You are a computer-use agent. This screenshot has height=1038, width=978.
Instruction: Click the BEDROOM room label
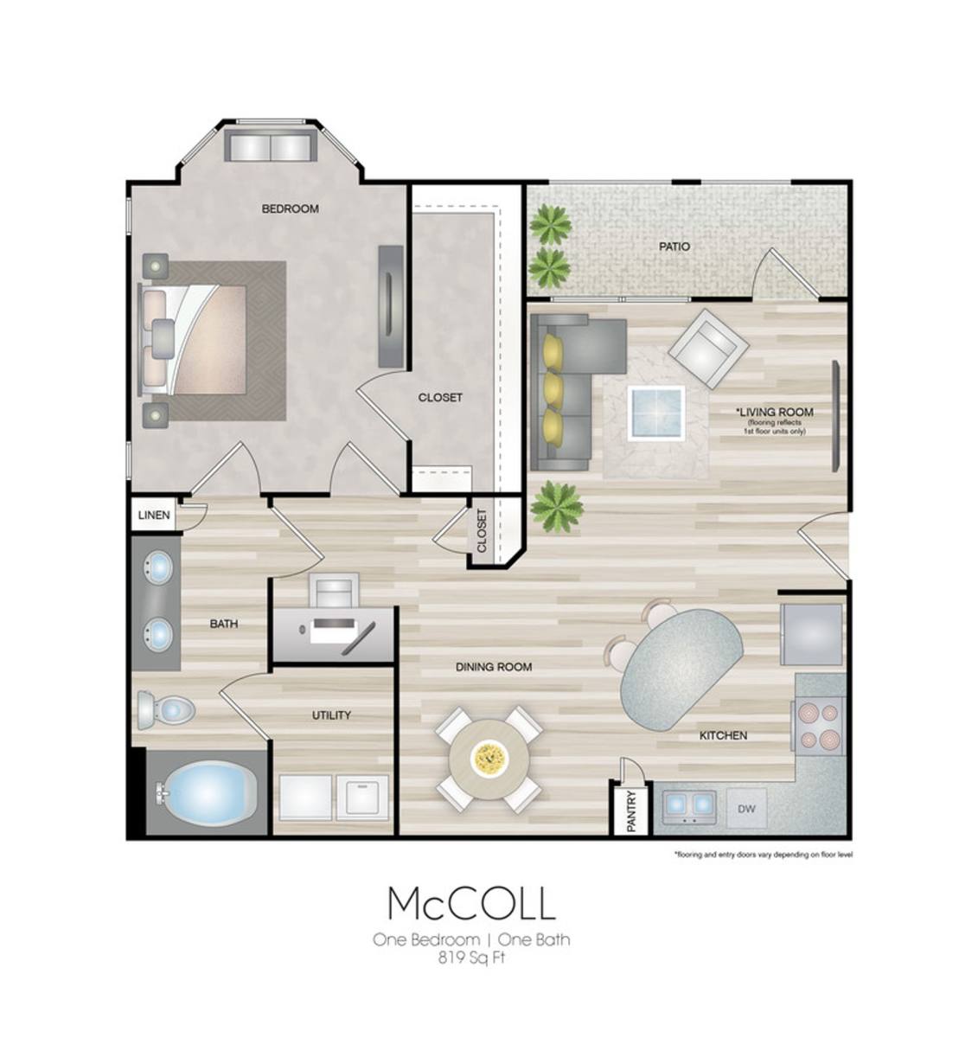pyautogui.click(x=290, y=209)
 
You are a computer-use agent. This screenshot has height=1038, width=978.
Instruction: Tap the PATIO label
pyautogui.click(x=674, y=247)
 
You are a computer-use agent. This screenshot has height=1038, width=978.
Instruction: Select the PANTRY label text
pyautogui.click(x=631, y=811)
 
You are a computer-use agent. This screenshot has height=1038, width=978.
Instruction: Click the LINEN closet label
pyautogui.click(x=154, y=515)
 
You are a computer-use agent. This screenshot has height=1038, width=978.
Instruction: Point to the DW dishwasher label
pyautogui.click(x=747, y=809)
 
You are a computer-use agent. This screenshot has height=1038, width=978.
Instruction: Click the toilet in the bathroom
pyautogui.click(x=166, y=710)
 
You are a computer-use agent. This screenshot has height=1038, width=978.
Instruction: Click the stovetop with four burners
pyautogui.click(x=819, y=726)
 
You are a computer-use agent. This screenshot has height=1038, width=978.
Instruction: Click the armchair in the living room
pyautogui.click(x=709, y=349)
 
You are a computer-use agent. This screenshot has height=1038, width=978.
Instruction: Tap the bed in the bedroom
pyautogui.click(x=192, y=340)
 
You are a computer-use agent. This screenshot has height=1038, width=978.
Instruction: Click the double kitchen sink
pyautogui.click(x=689, y=808)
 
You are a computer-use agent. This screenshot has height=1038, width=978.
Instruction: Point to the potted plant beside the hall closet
pyautogui.click(x=557, y=507)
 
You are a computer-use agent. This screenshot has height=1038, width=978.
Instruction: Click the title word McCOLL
pyautogui.click(x=471, y=904)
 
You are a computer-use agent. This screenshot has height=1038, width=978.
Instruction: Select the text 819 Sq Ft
pyautogui.click(x=471, y=958)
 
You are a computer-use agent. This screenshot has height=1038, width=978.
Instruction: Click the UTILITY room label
pyautogui.click(x=331, y=715)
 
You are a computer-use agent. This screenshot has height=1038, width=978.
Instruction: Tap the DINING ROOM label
pyautogui.click(x=494, y=667)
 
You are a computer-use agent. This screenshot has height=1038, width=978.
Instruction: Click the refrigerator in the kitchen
pyautogui.click(x=811, y=635)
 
